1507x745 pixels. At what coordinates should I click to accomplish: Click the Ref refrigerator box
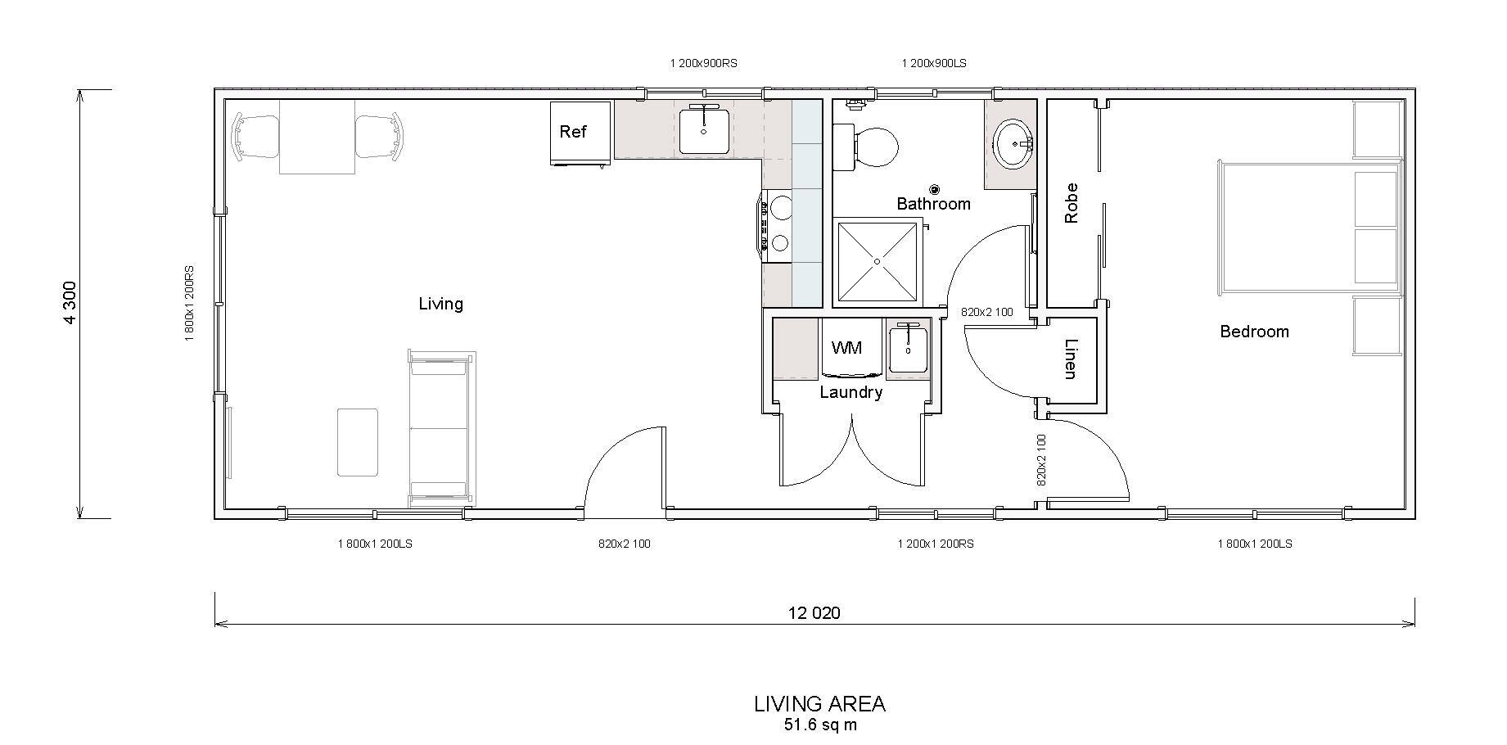[x=580, y=133]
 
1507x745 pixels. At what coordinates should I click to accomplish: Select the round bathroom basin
[x=1015, y=144]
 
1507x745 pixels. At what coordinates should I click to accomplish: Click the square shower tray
[x=877, y=261]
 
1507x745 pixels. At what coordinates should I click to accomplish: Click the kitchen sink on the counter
[x=704, y=129]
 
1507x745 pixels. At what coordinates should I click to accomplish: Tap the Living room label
[x=441, y=304]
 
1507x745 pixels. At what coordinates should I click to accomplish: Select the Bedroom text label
[x=1254, y=332]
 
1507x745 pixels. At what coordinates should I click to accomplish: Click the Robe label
[x=1072, y=203]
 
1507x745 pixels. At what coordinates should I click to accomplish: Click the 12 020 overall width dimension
[x=814, y=612]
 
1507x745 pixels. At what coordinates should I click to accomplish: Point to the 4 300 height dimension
[x=70, y=303]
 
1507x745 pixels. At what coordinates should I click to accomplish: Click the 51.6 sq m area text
[x=819, y=725]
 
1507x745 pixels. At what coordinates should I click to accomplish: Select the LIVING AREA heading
[x=819, y=704]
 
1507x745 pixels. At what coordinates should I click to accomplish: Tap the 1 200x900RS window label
[x=704, y=63]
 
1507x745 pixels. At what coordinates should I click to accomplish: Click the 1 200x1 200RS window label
[x=936, y=544]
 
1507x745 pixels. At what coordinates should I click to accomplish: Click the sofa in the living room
[x=442, y=428]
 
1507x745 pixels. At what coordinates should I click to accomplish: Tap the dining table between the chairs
[x=318, y=136]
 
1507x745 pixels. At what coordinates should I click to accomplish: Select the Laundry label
[x=851, y=393]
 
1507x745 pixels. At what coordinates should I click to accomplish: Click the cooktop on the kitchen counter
[x=778, y=225]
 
